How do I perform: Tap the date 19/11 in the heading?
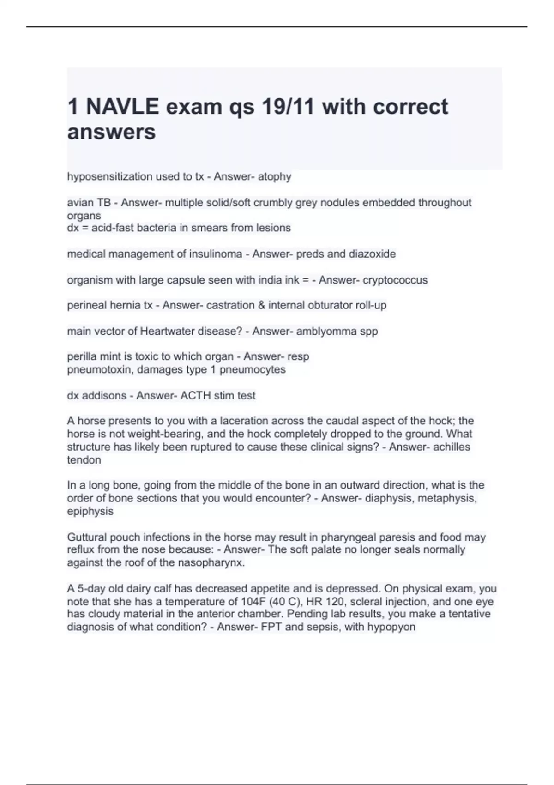point(288,107)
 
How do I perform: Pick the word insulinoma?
point(216,254)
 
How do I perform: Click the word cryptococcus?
point(395,280)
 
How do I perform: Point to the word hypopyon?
point(391,627)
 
